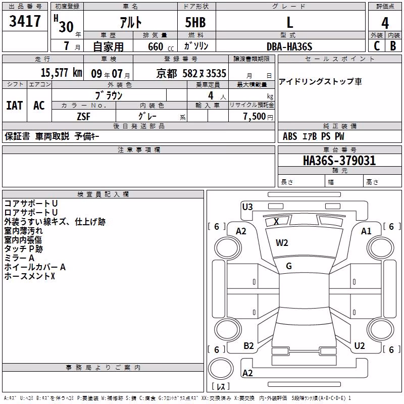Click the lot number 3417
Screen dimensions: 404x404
tap(25, 21)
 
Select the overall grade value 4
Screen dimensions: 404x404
tap(385, 23)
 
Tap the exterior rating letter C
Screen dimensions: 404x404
tap(377, 46)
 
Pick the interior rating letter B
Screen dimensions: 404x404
tap(393, 46)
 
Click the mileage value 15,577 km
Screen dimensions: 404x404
tap(61, 73)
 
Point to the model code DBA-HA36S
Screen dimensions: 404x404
tap(289, 46)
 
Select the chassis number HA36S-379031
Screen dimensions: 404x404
tap(339, 161)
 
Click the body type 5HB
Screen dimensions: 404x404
tap(195, 22)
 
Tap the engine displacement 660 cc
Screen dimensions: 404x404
tap(161, 47)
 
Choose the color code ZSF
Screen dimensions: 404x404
tap(83, 117)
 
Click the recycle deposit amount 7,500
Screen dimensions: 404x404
tap(255, 117)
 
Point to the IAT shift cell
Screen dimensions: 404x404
tap(15, 106)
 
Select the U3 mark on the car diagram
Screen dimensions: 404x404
tap(247, 207)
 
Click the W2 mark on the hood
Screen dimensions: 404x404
tap(282, 243)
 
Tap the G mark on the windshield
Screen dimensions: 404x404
tap(289, 266)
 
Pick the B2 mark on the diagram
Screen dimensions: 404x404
tap(248, 346)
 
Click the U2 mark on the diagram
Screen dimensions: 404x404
tap(360, 346)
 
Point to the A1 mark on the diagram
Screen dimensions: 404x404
tap(366, 231)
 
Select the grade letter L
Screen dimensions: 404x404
tap(290, 22)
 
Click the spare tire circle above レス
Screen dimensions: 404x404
tap(221, 369)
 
